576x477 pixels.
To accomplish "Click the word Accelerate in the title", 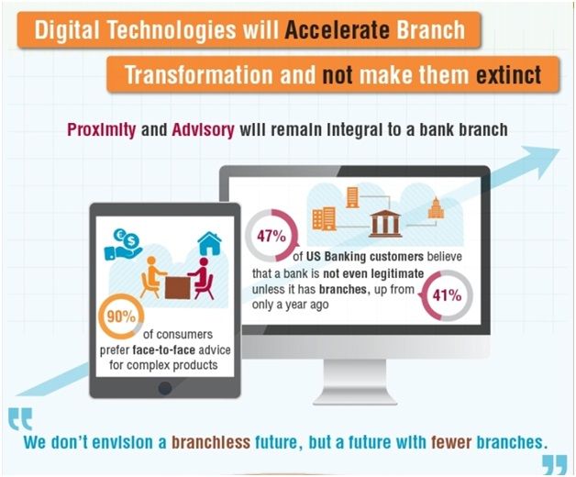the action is [337, 29].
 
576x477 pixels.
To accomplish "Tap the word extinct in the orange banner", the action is [508, 74].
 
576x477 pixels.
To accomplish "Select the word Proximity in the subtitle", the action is [102, 130].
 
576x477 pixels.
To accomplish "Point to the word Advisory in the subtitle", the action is [203, 130].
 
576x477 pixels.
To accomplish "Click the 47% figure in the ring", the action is [271, 236].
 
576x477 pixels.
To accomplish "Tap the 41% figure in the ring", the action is [447, 295].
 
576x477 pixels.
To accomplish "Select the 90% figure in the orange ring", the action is [121, 316].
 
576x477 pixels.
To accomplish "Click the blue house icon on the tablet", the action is [209, 243].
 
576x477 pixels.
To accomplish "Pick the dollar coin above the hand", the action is [130, 241].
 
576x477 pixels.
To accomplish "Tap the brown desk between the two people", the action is [177, 288].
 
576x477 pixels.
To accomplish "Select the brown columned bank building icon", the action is [384, 223].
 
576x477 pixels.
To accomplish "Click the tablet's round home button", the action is [164, 388].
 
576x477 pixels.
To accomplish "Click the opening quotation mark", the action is [20, 418].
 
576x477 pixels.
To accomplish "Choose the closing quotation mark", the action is [555, 464].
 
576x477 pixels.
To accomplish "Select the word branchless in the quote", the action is [211, 442].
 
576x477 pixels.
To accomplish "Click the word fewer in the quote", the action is [451, 442].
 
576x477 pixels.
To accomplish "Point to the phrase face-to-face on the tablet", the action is [163, 349].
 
